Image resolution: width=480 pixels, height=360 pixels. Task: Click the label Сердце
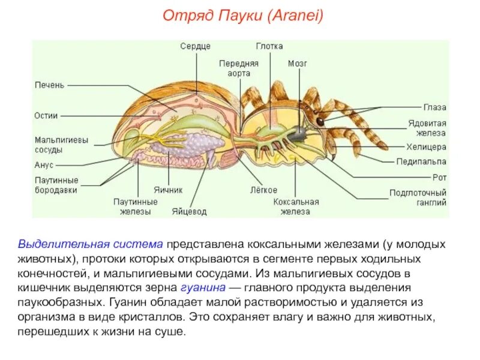pos(195,46)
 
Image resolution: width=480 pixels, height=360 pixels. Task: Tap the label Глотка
pos(269,46)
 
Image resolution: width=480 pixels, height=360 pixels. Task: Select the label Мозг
pos(298,62)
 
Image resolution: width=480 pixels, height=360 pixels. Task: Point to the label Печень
pos(49,85)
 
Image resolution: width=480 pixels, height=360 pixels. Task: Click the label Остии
pos(46,115)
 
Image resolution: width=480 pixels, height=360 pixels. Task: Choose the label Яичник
pos(167,190)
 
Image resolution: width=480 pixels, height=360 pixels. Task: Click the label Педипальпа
pos(421,161)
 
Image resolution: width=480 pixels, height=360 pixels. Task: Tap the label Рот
pos(439,177)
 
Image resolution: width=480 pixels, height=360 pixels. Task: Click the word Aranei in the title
pos(296,16)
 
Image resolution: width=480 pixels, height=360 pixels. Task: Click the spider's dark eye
pos(320,122)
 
